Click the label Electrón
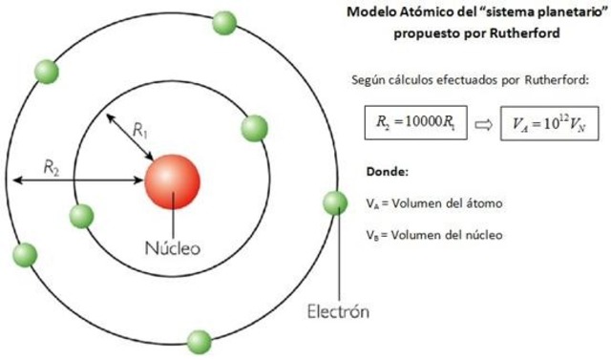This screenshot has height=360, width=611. (337, 311)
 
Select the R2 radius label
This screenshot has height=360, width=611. (53, 166)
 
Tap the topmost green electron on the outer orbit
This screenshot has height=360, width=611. (225, 22)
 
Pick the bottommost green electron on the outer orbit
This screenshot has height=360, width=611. (199, 340)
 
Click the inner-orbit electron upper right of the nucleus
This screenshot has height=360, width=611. (255, 127)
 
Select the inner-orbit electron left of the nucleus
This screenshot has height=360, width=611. (82, 216)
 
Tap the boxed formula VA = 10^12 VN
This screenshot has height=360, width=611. (550, 124)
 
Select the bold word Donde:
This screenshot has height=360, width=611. (387, 173)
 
